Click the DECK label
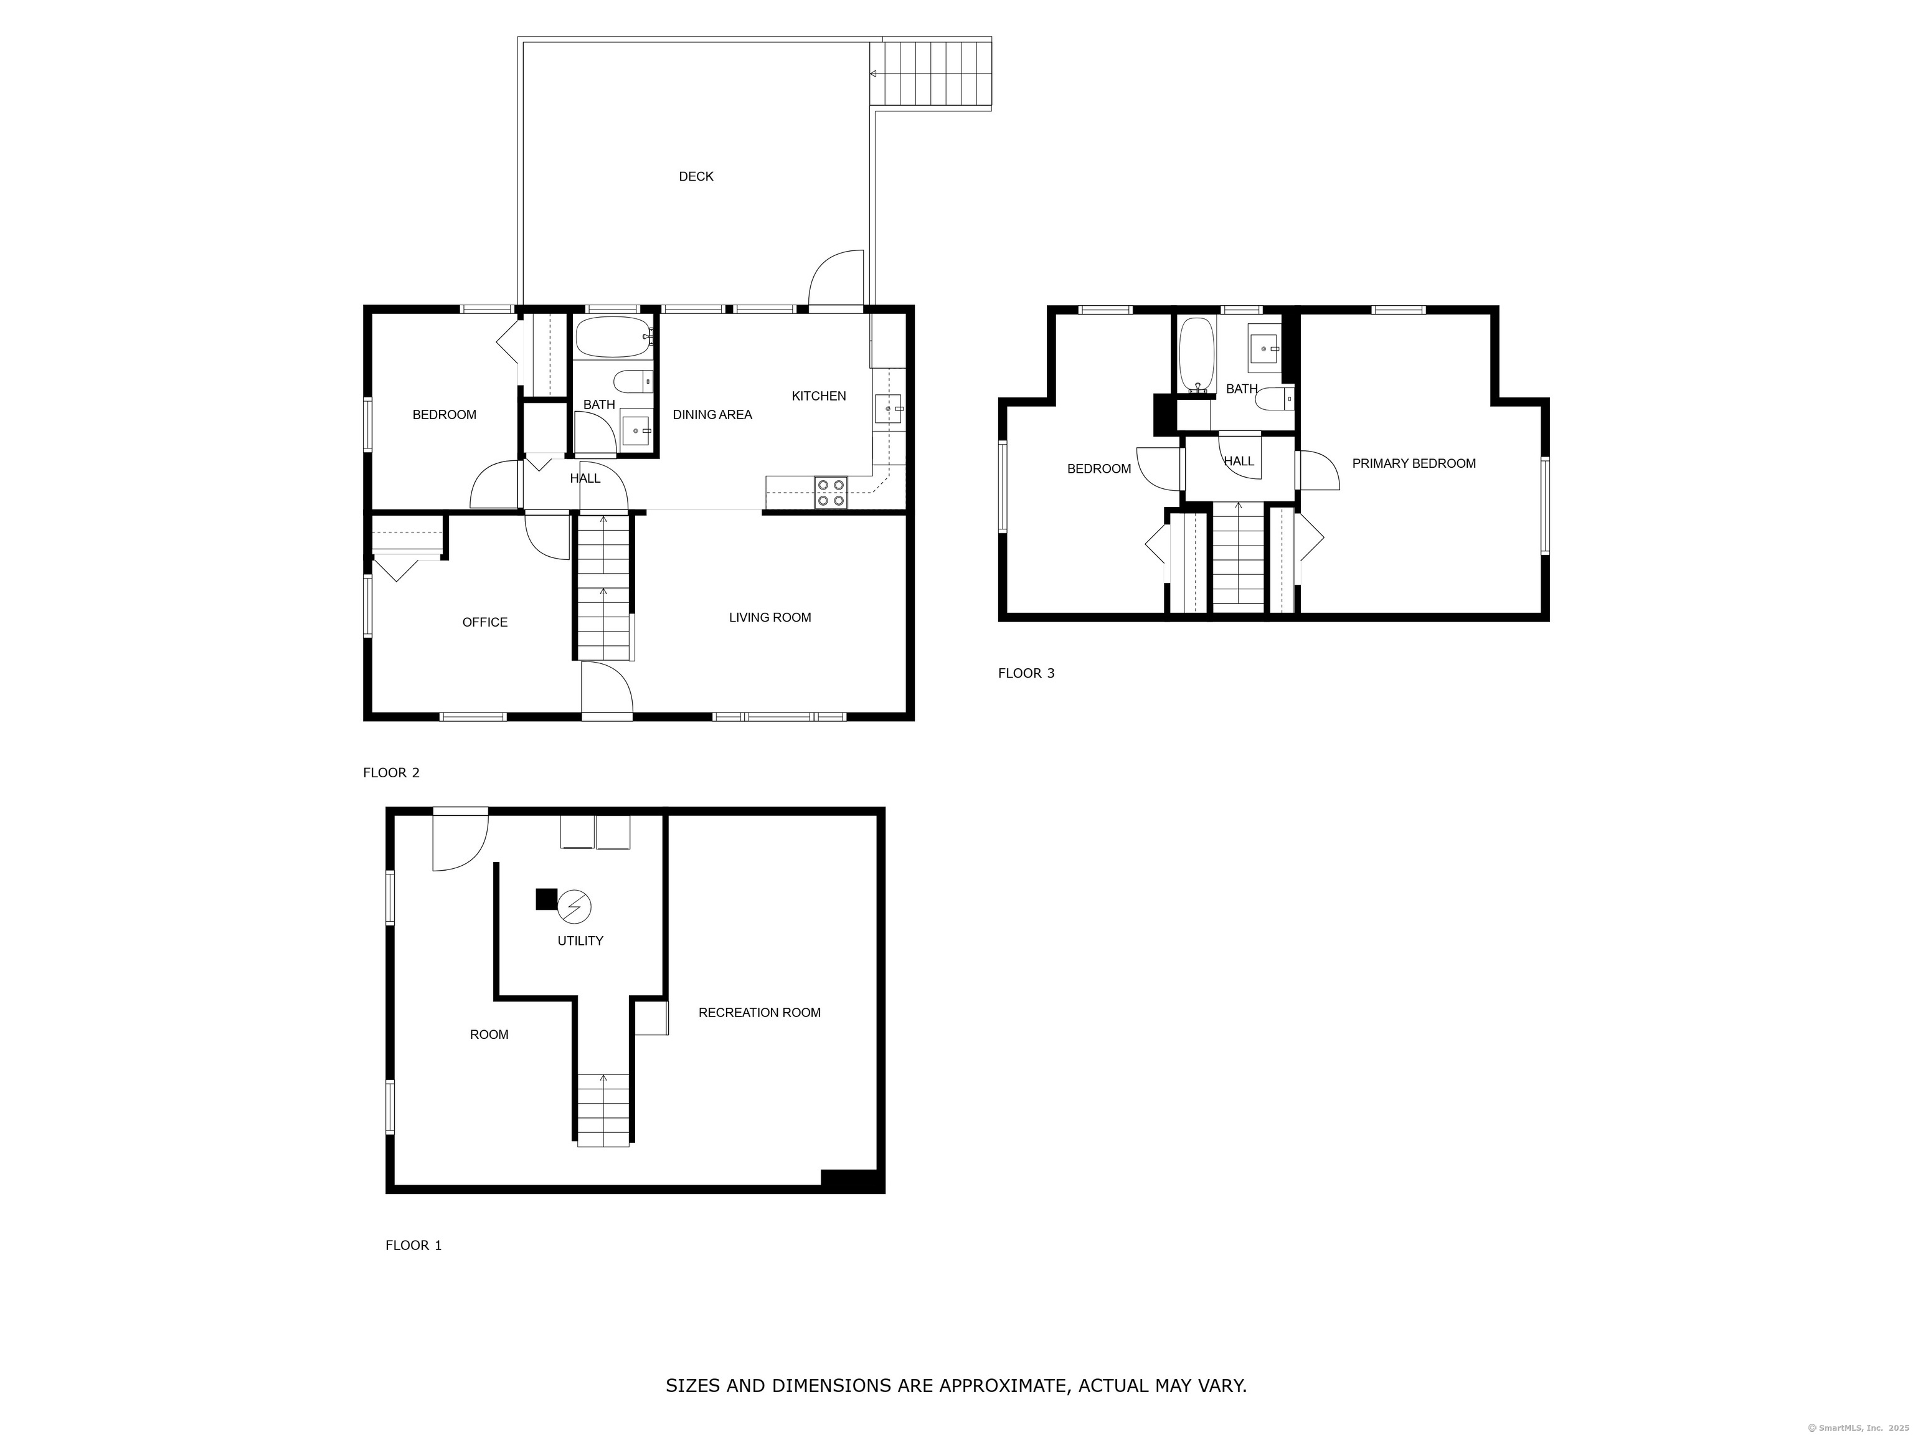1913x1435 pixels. click(696, 176)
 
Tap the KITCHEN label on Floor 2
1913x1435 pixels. click(819, 396)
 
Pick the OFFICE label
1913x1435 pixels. click(485, 623)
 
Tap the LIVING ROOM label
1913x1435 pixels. click(770, 618)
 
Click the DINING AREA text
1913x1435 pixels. click(712, 415)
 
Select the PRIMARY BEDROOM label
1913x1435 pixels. click(1414, 463)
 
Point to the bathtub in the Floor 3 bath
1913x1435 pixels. click(1197, 354)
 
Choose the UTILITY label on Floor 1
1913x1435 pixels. click(580, 941)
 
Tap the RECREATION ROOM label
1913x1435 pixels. click(759, 1013)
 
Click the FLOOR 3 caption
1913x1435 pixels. click(1026, 673)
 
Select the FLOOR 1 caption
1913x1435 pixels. click(413, 1246)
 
